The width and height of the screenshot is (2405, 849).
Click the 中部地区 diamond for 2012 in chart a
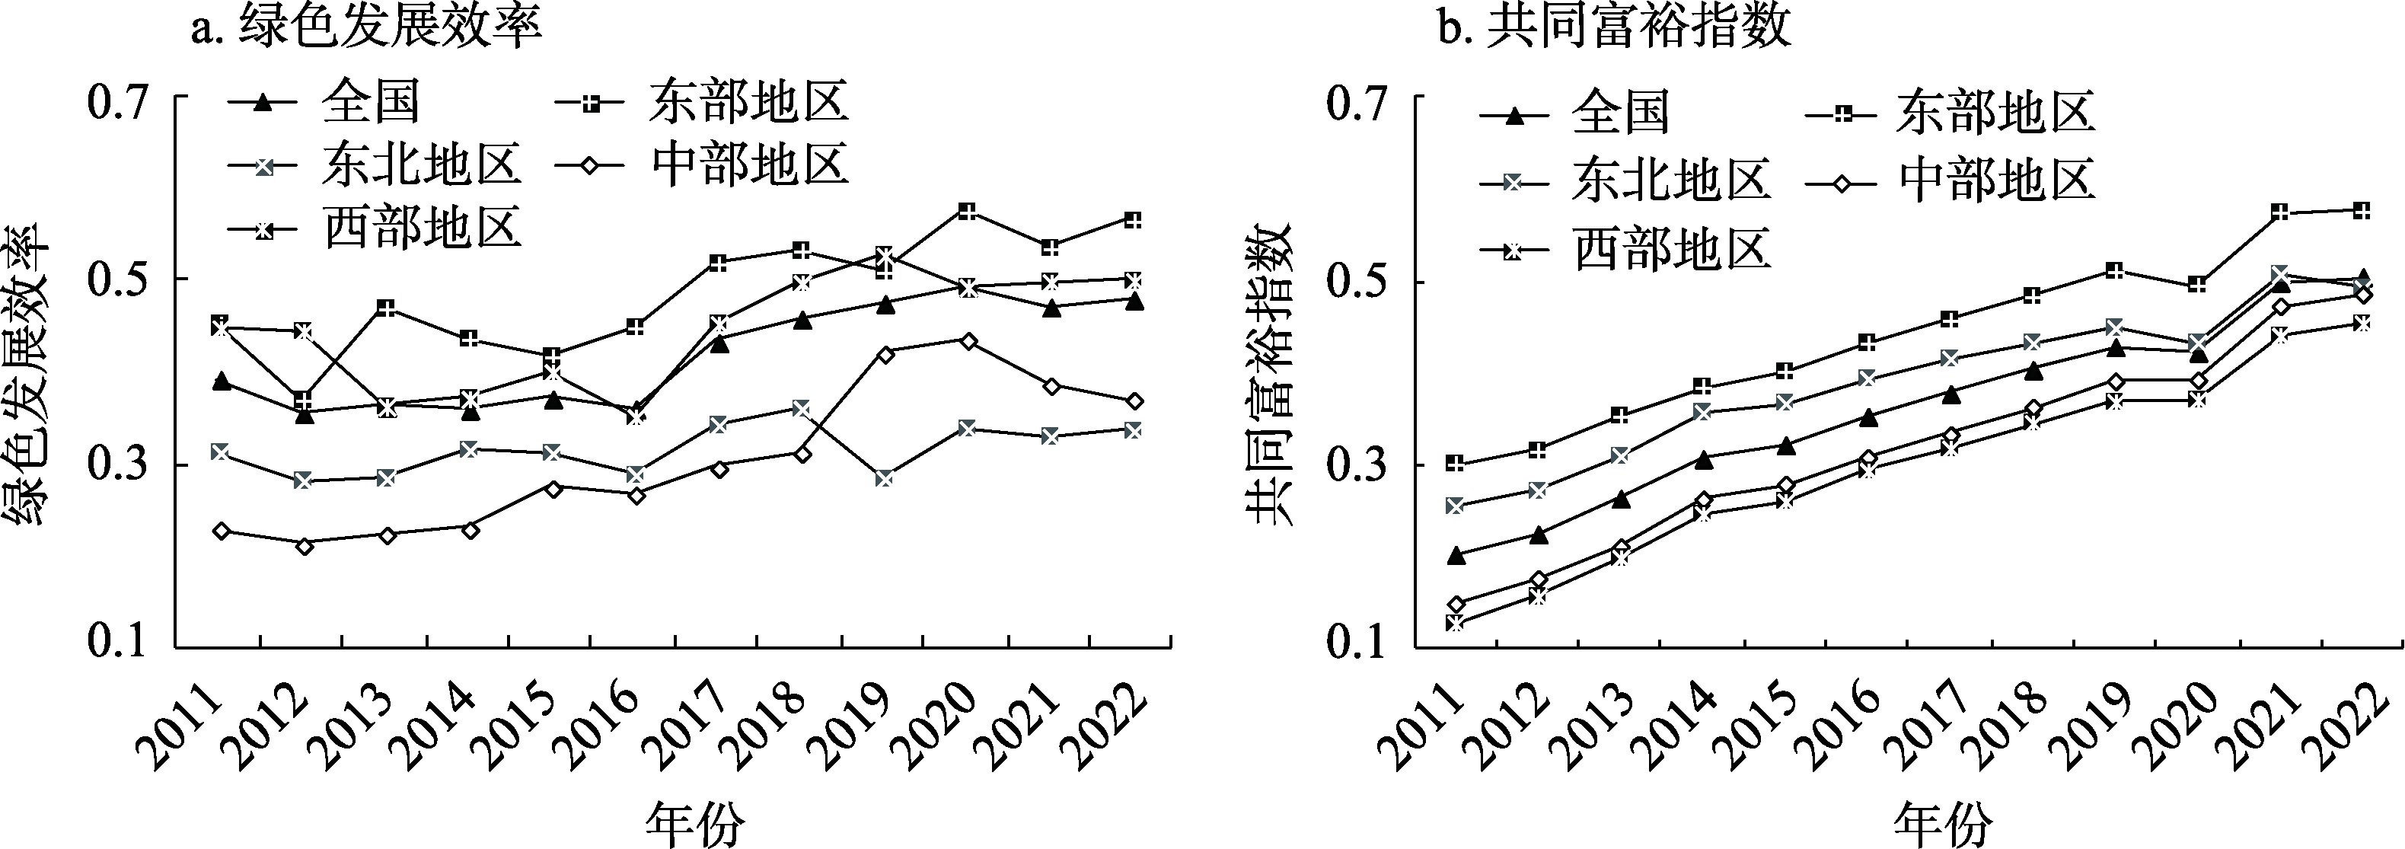click(304, 545)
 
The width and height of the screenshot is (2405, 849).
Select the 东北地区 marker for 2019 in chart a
click(884, 479)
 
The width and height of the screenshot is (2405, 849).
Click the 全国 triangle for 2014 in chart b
click(1703, 458)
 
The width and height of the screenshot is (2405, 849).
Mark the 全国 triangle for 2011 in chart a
click(222, 381)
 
